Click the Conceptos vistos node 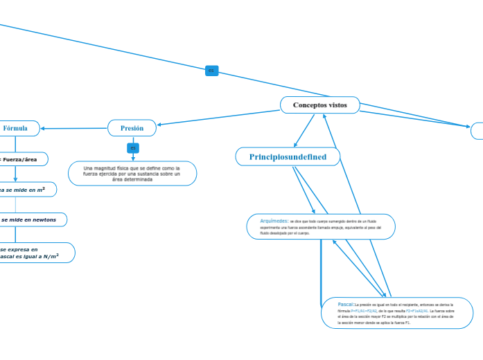tap(319, 105)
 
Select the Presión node tap(132, 128)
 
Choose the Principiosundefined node tap(288, 157)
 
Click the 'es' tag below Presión tap(133, 147)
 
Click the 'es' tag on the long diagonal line tap(211, 71)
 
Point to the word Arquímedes tap(274, 221)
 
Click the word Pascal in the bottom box tap(346, 304)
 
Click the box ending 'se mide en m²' tap(24, 189)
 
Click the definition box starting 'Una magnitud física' tap(132, 173)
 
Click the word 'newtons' tap(52, 219)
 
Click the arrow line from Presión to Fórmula tap(76, 128)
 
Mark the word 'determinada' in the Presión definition tap(132, 179)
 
